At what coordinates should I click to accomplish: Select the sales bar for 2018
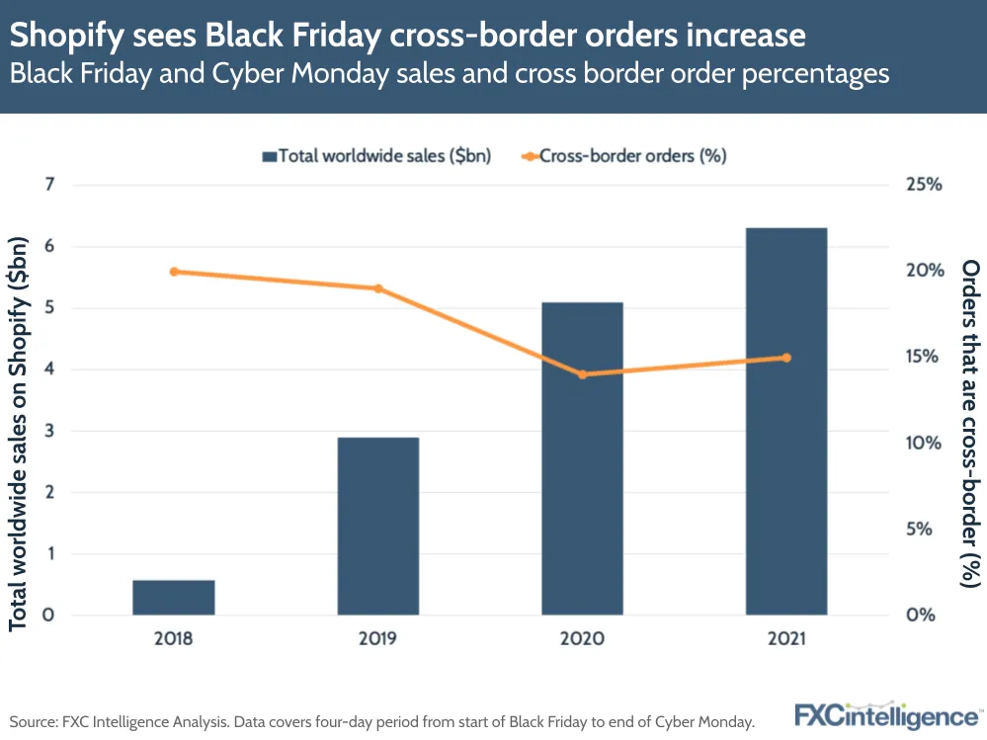pyautogui.click(x=174, y=598)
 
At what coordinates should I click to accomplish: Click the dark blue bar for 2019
pyautogui.click(x=377, y=526)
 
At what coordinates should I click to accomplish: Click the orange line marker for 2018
pyautogui.click(x=174, y=272)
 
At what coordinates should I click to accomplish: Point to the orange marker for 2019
pyautogui.click(x=377, y=288)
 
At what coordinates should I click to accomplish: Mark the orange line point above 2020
pyautogui.click(x=582, y=374)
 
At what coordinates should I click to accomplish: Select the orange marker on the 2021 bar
pyautogui.click(x=786, y=358)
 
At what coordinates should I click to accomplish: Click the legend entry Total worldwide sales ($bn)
pyautogui.click(x=376, y=155)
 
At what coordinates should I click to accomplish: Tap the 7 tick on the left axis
pyautogui.click(x=47, y=185)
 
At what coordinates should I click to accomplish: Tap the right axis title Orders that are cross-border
pyautogui.click(x=970, y=425)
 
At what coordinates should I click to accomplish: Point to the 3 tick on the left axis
pyautogui.click(x=47, y=431)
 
